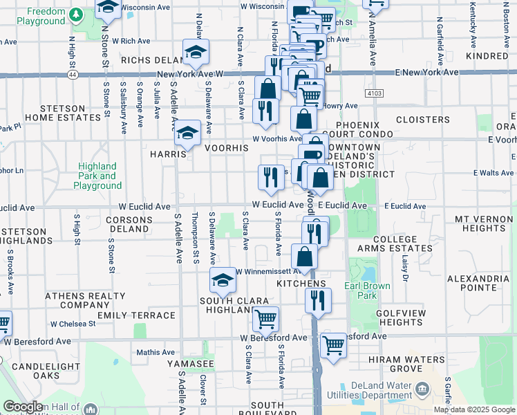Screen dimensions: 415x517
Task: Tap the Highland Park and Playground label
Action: click(97, 176)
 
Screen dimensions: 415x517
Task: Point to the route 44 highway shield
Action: click(73, 73)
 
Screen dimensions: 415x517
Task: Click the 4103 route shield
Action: click(374, 92)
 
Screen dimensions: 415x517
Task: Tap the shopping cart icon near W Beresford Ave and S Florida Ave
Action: click(265, 320)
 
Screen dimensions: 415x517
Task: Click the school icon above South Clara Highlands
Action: click(223, 280)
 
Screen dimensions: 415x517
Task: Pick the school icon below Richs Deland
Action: click(196, 52)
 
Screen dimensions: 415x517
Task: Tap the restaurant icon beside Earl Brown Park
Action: click(318, 299)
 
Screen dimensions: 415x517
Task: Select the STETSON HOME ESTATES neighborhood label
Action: click(72, 113)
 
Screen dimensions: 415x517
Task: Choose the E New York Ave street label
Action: click(426, 73)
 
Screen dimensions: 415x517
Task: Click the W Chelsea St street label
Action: click(72, 324)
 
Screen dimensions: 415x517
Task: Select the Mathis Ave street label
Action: click(156, 352)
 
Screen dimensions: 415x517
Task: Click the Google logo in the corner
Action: click(24, 407)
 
